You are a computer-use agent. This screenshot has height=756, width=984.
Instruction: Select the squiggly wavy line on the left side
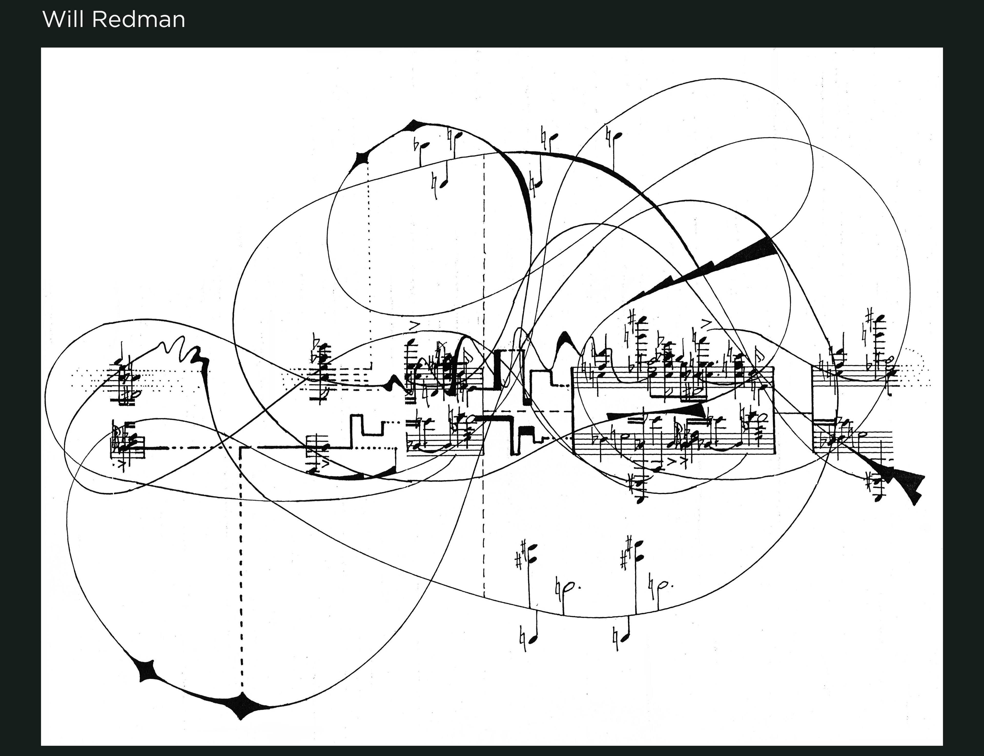pos(180,349)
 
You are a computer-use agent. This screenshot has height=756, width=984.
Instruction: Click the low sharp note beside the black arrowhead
pos(877,491)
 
